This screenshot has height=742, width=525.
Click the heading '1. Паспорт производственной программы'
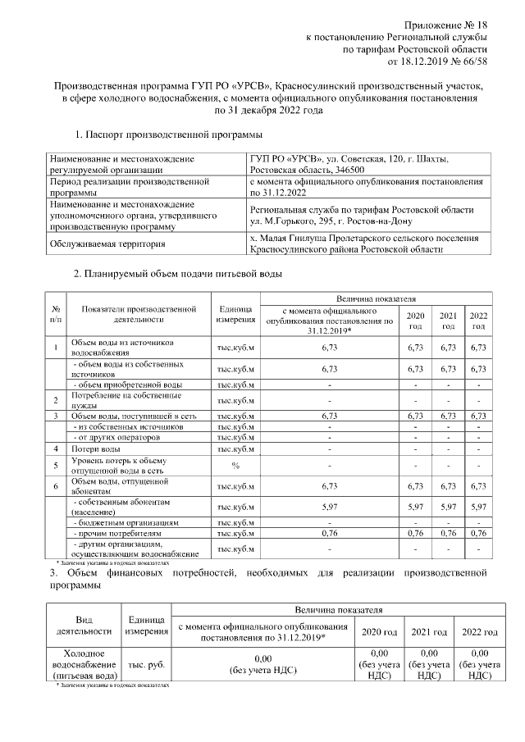pyautogui.click(x=168, y=134)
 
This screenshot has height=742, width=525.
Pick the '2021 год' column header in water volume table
pyautogui.click(x=448, y=321)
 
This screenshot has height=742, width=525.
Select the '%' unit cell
pyautogui.click(x=235, y=466)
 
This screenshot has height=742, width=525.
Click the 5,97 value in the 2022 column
pyautogui.click(x=478, y=507)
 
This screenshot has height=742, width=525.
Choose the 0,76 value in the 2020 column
pyautogui.click(x=416, y=533)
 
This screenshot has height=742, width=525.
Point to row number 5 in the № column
pyautogui.click(x=55, y=466)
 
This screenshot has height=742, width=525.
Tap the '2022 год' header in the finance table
pyautogui.click(x=479, y=632)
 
